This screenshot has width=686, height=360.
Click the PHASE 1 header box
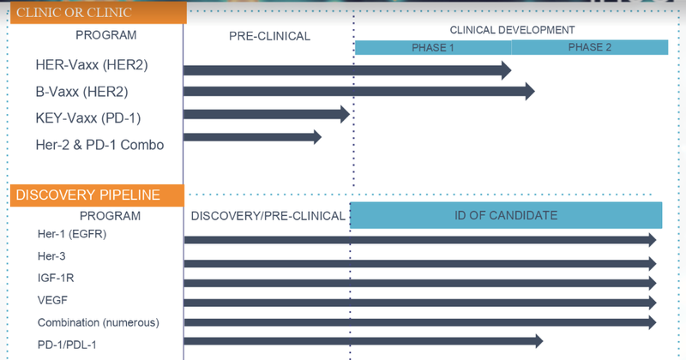(x=433, y=47)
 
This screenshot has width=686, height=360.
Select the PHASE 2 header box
(x=590, y=47)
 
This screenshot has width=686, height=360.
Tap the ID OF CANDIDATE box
(x=506, y=215)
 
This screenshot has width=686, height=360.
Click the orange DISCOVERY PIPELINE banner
(x=97, y=195)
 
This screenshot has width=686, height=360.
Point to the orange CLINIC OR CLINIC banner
(x=99, y=13)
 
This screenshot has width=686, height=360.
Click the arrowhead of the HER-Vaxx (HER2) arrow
(x=506, y=70)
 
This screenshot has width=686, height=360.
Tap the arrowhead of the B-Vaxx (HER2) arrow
(x=530, y=92)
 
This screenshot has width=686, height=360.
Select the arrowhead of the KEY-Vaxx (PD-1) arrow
(x=346, y=114)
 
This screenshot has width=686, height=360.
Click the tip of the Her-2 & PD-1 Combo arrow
(x=322, y=137)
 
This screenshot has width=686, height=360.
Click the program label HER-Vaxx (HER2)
(x=92, y=65)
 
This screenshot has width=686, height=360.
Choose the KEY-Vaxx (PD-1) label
(x=88, y=118)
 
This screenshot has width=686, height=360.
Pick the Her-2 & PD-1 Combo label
(x=99, y=145)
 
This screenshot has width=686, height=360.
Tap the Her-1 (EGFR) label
(x=72, y=234)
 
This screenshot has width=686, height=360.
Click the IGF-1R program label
(x=56, y=278)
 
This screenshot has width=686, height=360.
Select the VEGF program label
(x=52, y=300)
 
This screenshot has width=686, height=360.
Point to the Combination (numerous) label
(x=99, y=323)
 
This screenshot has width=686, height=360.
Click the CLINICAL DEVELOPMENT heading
(x=512, y=30)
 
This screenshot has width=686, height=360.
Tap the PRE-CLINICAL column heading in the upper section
(x=269, y=36)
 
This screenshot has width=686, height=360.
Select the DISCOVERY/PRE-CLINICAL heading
(x=268, y=216)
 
